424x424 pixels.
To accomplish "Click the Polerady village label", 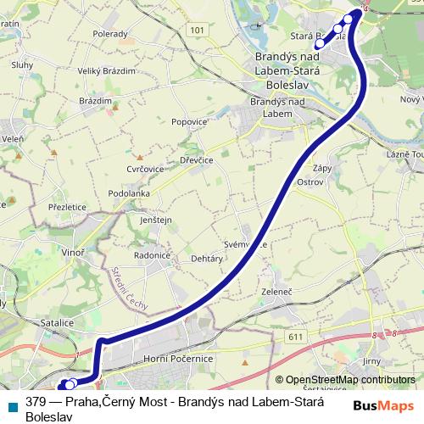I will click(110, 34).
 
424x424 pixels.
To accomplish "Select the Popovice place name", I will click(189, 121).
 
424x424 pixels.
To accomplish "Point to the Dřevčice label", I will click(195, 159).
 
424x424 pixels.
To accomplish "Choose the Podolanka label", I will click(129, 193).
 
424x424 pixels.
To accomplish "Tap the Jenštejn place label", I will click(155, 220).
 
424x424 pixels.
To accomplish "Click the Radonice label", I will click(153, 254).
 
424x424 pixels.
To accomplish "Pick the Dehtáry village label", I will click(207, 258).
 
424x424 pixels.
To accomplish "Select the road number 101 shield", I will click(198, 30).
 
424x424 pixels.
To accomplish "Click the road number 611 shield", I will click(295, 337).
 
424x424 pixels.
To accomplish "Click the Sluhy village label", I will click(22, 64).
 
